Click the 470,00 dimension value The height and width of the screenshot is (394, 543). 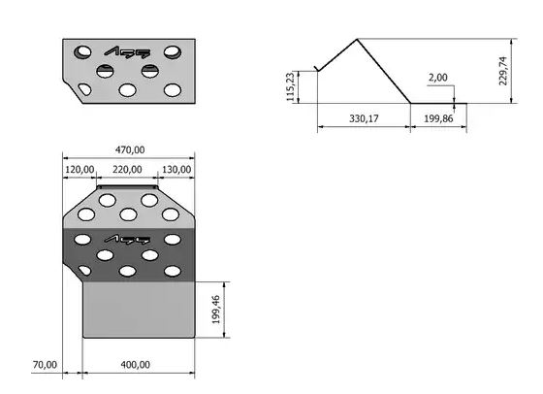[130, 150]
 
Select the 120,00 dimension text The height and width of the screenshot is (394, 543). [80, 170]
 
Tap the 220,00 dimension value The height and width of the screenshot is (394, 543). [127, 170]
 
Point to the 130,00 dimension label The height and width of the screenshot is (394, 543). [176, 170]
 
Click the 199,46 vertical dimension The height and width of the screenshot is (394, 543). [215, 310]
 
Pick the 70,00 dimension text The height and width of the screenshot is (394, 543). [45, 365]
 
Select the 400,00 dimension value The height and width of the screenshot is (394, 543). [136, 365]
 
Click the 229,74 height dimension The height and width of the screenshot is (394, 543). [503, 71]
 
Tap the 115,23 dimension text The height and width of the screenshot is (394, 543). [291, 86]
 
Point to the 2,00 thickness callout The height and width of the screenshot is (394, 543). [438, 78]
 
